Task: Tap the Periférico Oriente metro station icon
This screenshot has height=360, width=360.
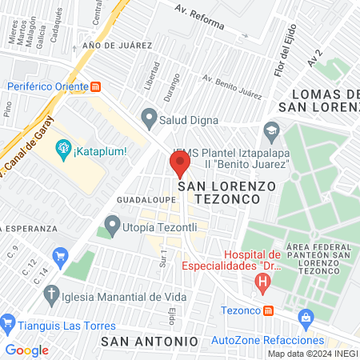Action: (x=96, y=86)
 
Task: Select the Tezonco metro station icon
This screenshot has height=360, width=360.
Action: (x=269, y=310)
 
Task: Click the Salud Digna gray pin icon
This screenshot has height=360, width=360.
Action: (x=148, y=118)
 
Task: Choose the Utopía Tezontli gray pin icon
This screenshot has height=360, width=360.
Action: (x=112, y=223)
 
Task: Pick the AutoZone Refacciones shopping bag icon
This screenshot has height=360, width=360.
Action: (x=305, y=318)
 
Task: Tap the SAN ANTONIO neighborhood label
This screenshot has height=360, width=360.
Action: (x=150, y=341)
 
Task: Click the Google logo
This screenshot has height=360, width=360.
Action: (x=26, y=350)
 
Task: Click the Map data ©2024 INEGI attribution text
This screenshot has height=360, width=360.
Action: (x=312, y=354)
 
